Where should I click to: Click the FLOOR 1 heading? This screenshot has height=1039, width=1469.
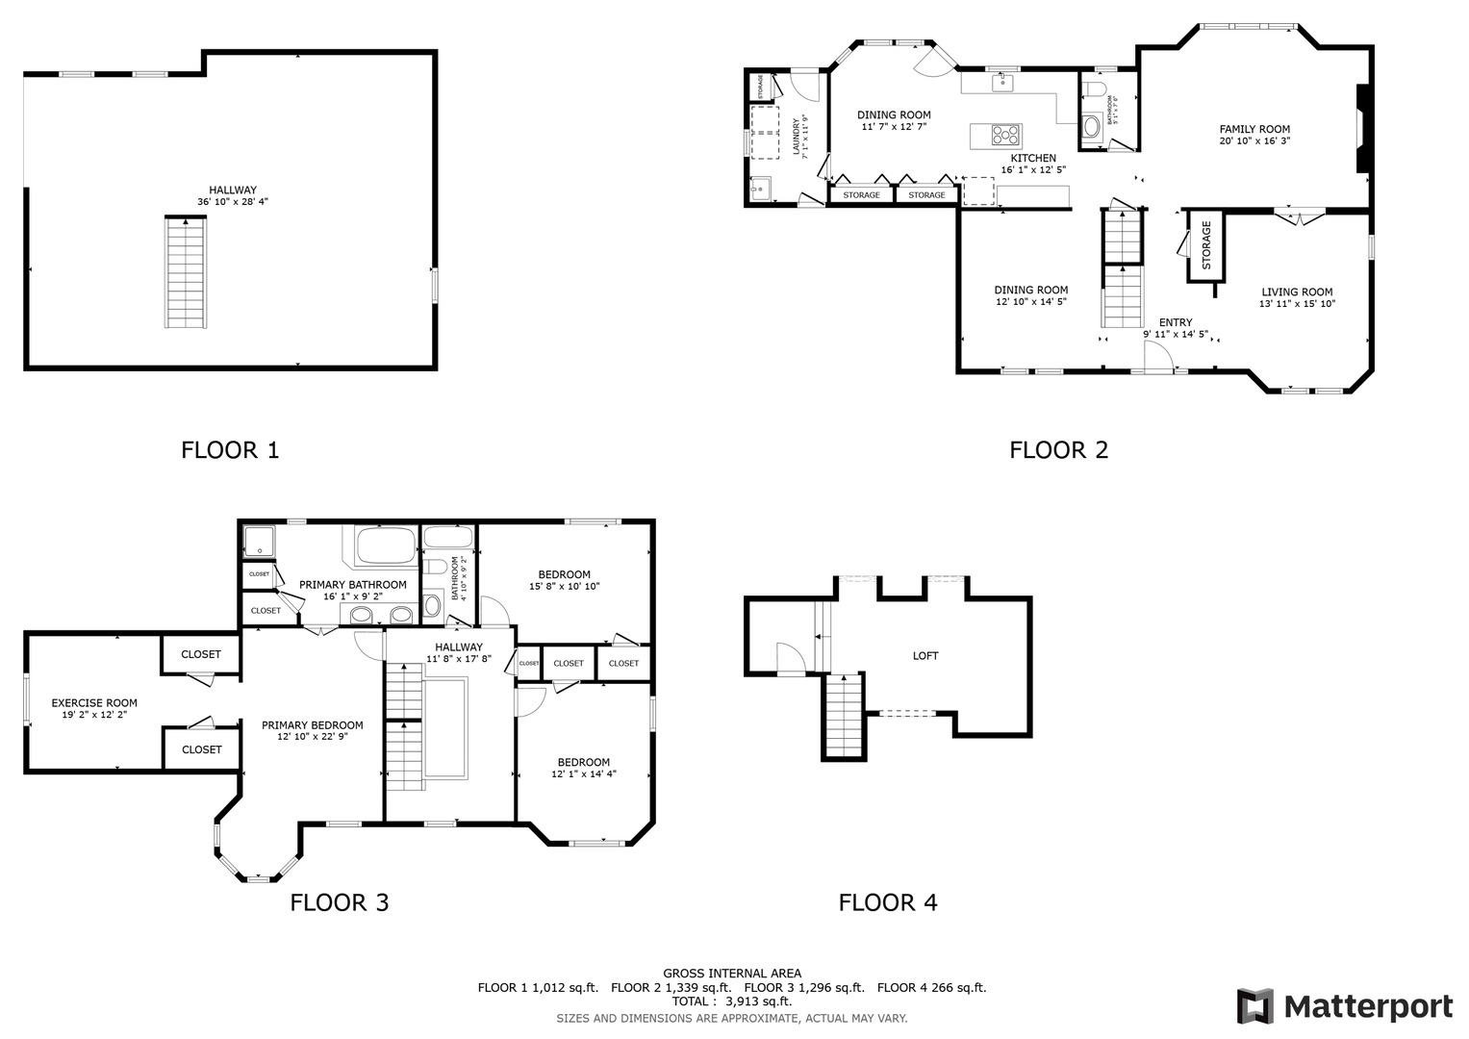(x=230, y=449)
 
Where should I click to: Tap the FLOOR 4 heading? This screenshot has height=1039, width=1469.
(x=887, y=902)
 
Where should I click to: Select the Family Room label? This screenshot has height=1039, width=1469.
(x=1254, y=129)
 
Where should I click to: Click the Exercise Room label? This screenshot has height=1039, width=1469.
(x=94, y=702)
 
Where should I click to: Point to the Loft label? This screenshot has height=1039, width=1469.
(x=925, y=655)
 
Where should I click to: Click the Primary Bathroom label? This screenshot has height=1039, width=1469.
(x=352, y=584)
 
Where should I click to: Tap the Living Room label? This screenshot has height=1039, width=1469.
(x=1297, y=291)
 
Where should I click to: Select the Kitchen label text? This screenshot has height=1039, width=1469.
(x=1033, y=158)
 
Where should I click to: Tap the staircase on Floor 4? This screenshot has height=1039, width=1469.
(x=843, y=716)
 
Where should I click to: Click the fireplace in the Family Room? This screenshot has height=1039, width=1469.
(x=1362, y=129)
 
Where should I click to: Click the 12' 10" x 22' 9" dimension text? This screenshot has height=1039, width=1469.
(x=312, y=737)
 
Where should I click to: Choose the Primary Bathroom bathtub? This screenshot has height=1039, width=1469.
(x=385, y=546)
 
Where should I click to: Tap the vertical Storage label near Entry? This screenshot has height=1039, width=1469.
(x=1206, y=246)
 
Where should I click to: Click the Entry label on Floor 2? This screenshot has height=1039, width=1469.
(x=1176, y=322)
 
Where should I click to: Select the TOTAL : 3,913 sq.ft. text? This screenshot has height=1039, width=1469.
(x=732, y=1001)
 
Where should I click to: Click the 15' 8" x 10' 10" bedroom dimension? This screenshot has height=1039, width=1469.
(x=564, y=586)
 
